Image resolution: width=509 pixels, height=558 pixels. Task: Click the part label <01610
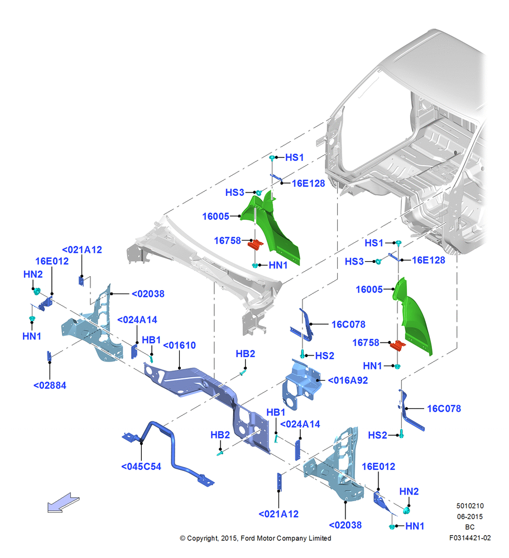click(179, 345)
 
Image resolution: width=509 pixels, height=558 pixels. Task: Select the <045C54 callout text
click(141, 466)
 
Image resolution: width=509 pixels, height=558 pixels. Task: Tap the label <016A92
click(348, 381)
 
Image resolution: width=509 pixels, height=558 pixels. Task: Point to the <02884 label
click(50, 386)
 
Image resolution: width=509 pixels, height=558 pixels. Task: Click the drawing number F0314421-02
click(470, 538)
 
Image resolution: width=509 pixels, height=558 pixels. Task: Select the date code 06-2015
click(470, 516)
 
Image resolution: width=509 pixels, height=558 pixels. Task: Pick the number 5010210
click(470, 506)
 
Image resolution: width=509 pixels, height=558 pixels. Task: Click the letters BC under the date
click(470, 527)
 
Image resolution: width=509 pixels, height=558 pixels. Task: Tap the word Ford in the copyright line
click(248, 538)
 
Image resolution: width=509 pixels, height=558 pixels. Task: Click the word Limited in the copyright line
click(320, 538)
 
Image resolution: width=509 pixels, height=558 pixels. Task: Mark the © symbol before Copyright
click(183, 538)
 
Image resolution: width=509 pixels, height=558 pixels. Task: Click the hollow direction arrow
click(64, 503)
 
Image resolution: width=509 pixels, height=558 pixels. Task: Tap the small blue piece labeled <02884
click(49, 356)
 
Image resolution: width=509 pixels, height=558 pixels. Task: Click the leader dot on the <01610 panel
click(179, 368)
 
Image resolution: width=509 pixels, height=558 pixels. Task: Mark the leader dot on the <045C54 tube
click(141, 442)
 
